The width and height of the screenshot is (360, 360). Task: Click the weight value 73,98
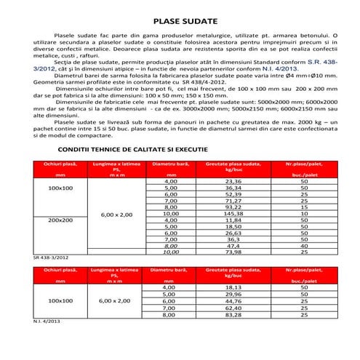tap(234, 252)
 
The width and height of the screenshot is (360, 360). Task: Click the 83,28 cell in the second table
tap(234, 314)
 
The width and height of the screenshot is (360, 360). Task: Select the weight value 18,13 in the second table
tap(234, 288)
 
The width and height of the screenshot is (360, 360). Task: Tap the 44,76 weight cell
tap(234, 301)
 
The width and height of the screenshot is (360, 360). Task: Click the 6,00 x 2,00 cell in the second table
tap(114, 300)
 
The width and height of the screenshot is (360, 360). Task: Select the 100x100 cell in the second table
tap(60, 300)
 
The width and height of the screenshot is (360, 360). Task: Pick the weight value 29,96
tap(234, 295)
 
